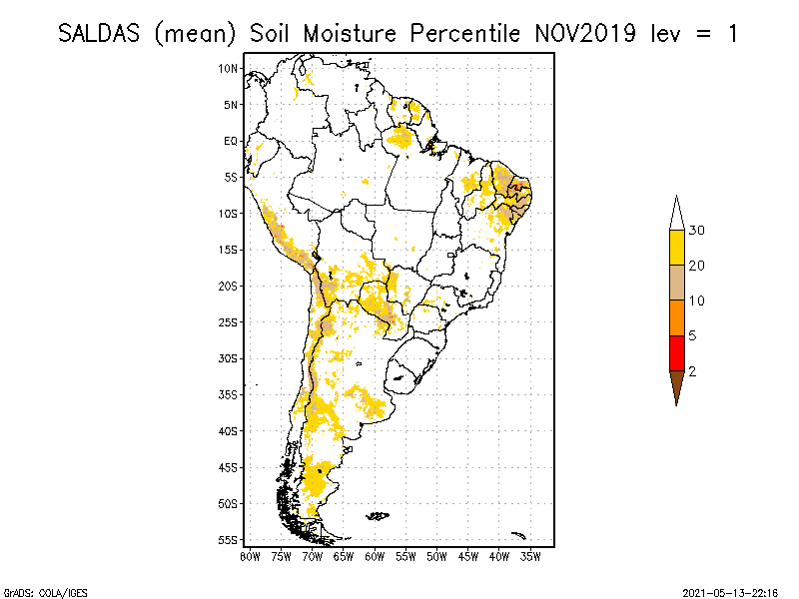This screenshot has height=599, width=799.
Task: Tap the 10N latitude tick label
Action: pyautogui.click(x=229, y=68)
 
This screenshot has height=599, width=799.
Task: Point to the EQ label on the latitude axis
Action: pyautogui.click(x=231, y=141)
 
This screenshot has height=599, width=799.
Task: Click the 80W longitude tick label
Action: pyautogui.click(x=250, y=555)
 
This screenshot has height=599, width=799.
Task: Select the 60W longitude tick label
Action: pyautogui.click(x=375, y=555)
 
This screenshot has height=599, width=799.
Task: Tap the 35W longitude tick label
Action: pyautogui.click(x=530, y=555)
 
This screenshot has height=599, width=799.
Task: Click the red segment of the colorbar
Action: pyautogui.click(x=676, y=353)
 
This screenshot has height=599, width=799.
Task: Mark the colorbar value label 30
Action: pyautogui.click(x=697, y=231)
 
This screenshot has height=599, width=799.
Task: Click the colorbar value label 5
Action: pyautogui.click(x=693, y=336)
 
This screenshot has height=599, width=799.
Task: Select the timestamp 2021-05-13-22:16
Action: pyautogui.click(x=731, y=591)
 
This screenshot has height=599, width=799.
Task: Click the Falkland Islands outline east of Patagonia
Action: pyautogui.click(x=378, y=515)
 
